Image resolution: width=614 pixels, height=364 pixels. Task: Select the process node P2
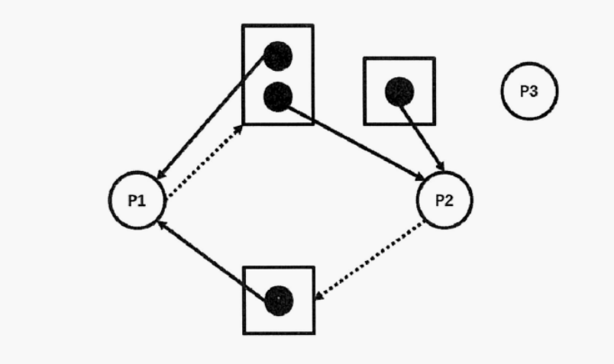click(x=444, y=200)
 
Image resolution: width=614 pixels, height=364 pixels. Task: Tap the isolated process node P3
click(x=528, y=92)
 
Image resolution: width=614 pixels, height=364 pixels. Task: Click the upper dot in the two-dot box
click(x=277, y=56)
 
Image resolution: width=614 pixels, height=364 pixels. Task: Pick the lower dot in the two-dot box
click(x=277, y=96)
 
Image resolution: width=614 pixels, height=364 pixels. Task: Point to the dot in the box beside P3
click(x=399, y=92)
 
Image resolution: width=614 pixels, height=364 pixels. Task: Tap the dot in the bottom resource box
click(x=279, y=300)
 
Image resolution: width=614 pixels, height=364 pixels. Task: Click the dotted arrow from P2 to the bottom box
click(x=370, y=260)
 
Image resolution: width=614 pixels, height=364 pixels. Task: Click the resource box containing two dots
click(x=278, y=75)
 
